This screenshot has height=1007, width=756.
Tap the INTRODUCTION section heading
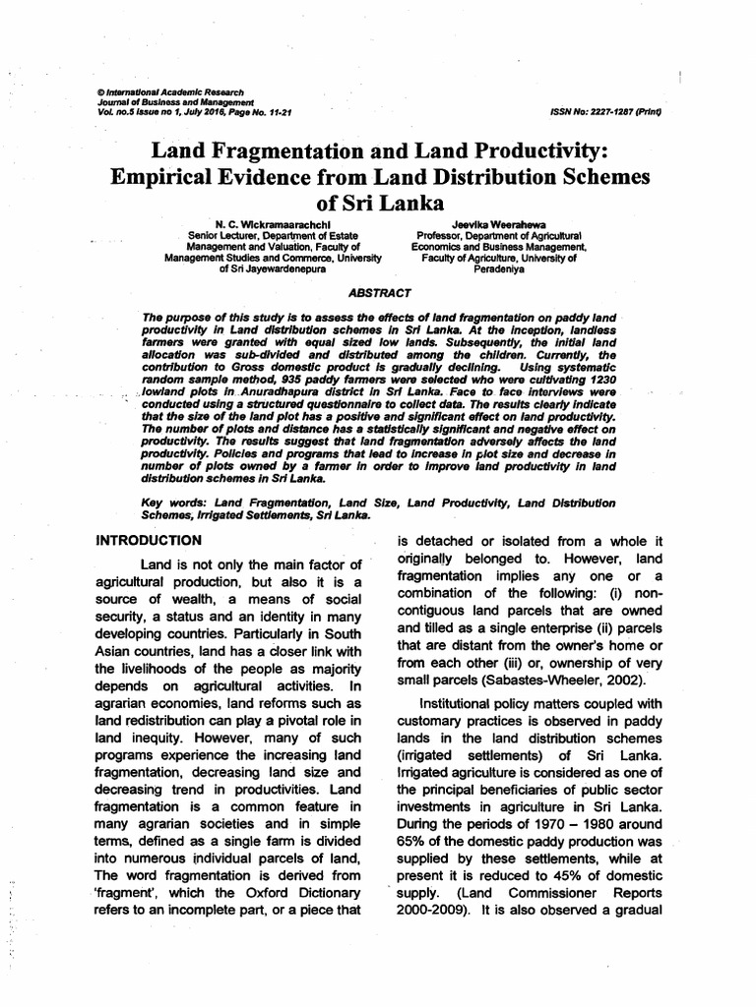click(148, 540)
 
